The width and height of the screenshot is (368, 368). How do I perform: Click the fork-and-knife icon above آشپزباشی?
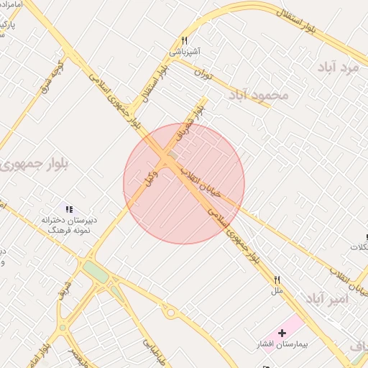(x=185, y=40)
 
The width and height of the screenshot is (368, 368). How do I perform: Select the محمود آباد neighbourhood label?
(x=258, y=94)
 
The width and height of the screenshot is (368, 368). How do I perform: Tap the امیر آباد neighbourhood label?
(x=326, y=298)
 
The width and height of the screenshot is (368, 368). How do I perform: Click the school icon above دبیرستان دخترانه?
(x=70, y=209)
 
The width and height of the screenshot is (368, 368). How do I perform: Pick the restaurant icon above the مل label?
(x=277, y=280)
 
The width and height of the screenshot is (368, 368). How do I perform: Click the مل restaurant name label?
(x=277, y=291)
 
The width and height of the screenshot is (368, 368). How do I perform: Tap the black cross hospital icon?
(x=282, y=333)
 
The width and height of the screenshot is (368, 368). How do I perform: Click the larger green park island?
(x=94, y=272)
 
